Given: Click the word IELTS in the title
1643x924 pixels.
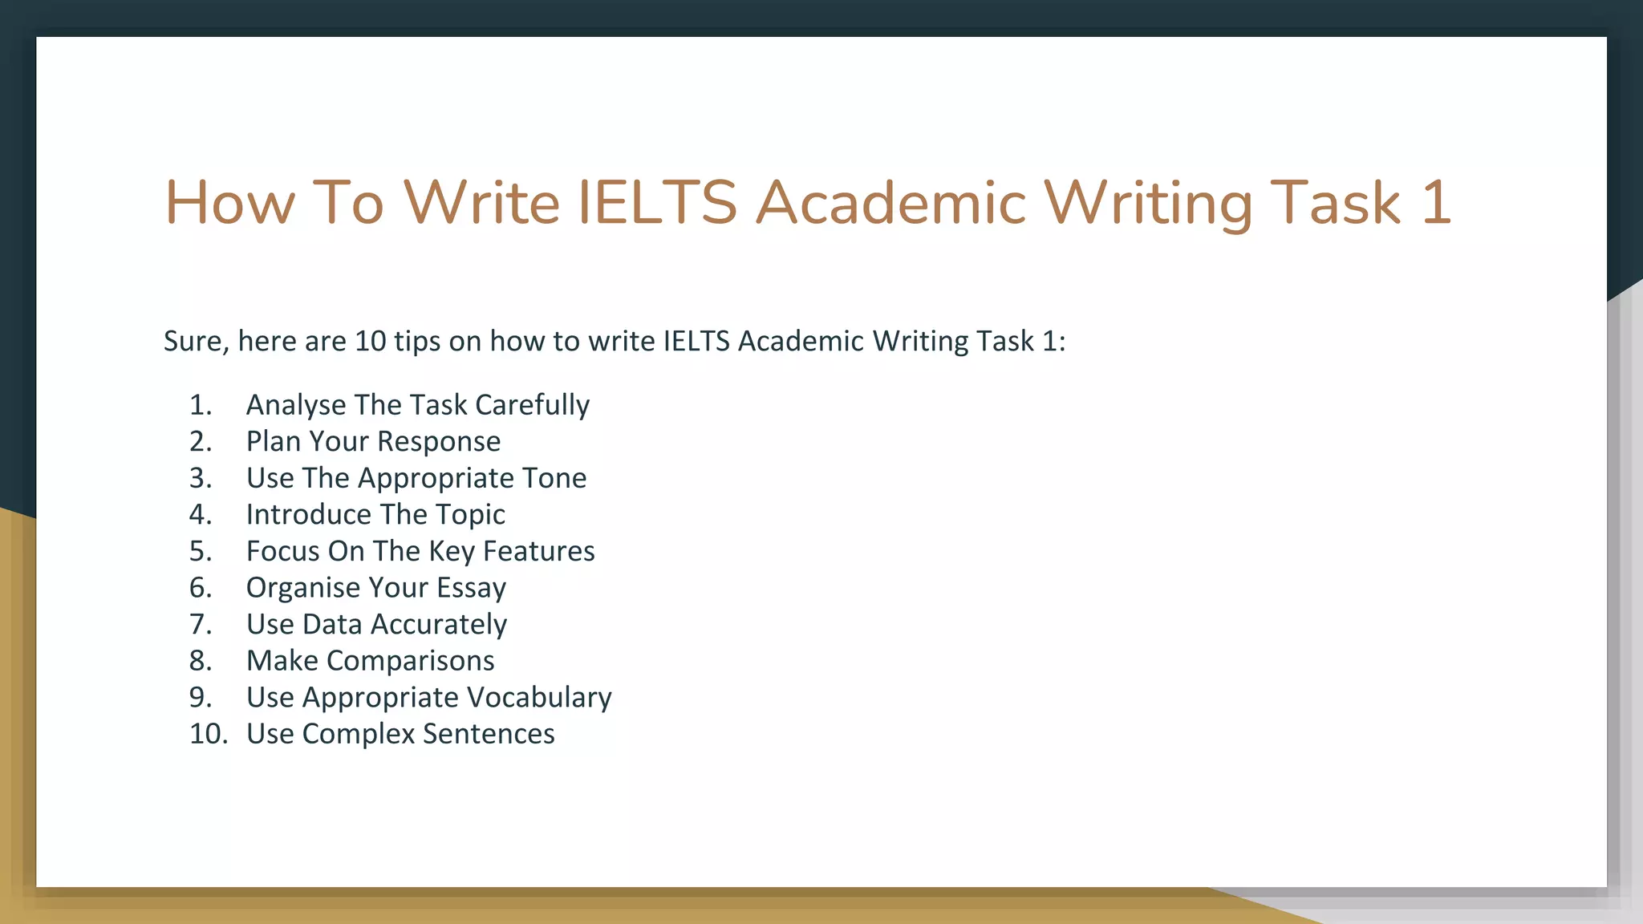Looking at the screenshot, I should (x=657, y=203).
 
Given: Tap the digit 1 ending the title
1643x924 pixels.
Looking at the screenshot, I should (x=1436, y=203).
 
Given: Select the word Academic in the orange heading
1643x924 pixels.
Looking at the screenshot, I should (x=890, y=203).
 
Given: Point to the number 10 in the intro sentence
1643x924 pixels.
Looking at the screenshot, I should (x=371, y=342).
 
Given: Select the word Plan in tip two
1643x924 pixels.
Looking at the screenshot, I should (x=273, y=442).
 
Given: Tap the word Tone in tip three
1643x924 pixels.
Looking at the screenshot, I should (x=554, y=478).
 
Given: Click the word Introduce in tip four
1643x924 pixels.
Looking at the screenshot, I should (x=308, y=515).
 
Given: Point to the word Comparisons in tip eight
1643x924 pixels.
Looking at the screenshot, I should (x=410, y=661).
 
